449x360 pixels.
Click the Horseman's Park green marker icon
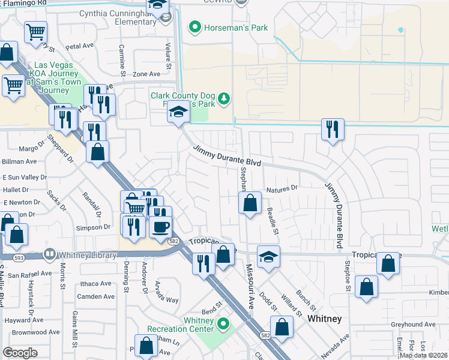(x=194, y=28)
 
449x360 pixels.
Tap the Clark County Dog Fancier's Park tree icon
(x=224, y=98)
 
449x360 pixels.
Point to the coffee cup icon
(x=160, y=227)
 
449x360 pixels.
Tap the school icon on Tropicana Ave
(x=268, y=257)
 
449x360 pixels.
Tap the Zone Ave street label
(x=146, y=74)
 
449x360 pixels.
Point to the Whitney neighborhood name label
(x=324, y=319)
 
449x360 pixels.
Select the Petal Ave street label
(x=80, y=46)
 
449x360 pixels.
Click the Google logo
(x=20, y=353)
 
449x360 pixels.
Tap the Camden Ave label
(x=96, y=296)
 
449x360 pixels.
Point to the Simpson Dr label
(x=93, y=227)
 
